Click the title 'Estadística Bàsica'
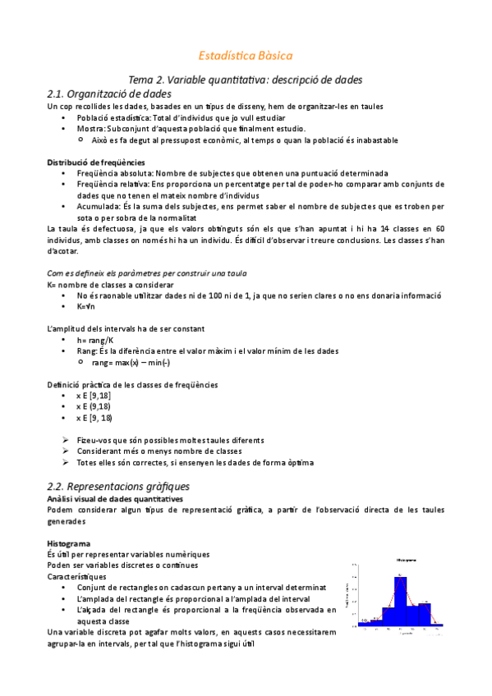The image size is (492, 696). point(246,56)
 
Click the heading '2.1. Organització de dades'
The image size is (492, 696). point(109,94)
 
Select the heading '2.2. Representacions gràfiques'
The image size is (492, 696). point(119,486)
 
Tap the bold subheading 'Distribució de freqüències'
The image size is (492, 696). point(85,163)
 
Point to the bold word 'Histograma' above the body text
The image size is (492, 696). point(69,544)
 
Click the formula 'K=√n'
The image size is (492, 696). point(88,306)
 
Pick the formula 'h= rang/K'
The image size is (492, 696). point(95,340)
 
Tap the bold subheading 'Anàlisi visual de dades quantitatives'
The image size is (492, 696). point(115,499)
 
